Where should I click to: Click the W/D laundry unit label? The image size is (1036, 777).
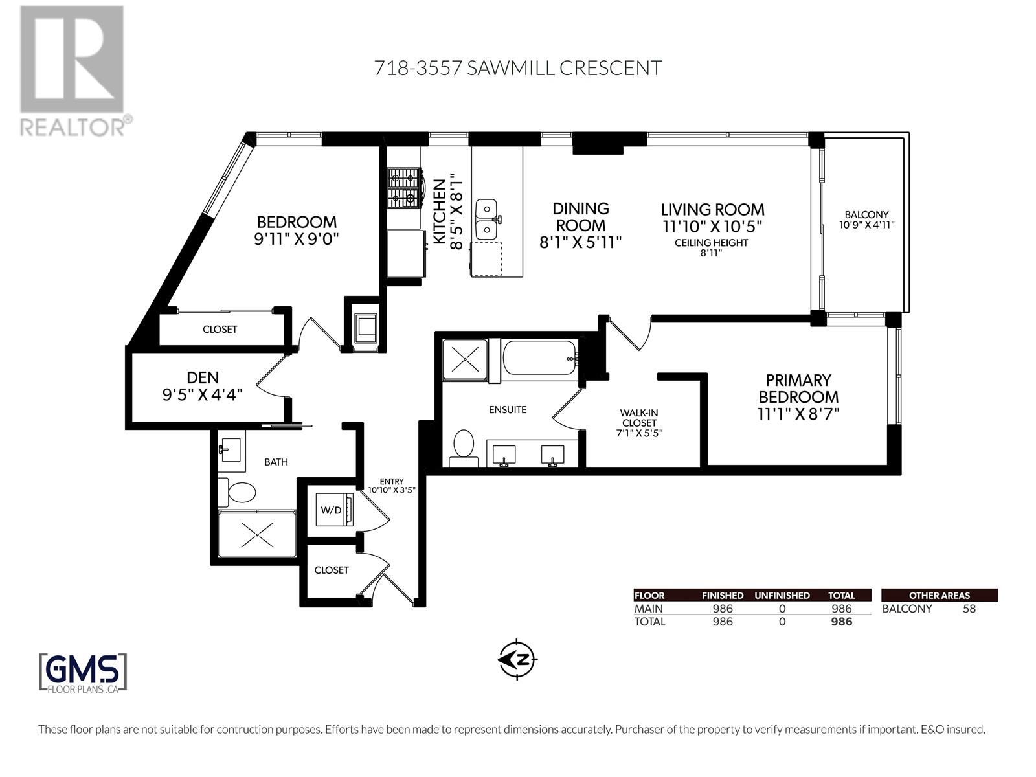point(331,510)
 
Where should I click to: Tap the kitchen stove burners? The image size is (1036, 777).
point(404,188)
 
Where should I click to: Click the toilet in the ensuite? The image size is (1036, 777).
point(463,447)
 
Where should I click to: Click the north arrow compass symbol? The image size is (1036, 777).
point(518,660)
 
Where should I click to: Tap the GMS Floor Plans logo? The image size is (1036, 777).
point(83,673)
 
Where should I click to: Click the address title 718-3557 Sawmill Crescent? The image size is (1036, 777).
point(518,68)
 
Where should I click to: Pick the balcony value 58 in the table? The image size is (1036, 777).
point(969,609)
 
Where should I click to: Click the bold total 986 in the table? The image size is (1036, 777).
point(842,622)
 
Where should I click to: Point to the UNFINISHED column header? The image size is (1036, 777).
point(782,595)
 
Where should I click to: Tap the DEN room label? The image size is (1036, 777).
point(203,377)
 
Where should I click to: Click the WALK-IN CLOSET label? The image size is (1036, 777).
point(639,418)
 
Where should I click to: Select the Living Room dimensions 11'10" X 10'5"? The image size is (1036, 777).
point(712,227)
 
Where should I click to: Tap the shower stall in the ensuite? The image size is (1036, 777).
point(465,359)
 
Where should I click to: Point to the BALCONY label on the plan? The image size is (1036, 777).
point(866,215)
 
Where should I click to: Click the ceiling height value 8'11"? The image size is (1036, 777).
point(711,253)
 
